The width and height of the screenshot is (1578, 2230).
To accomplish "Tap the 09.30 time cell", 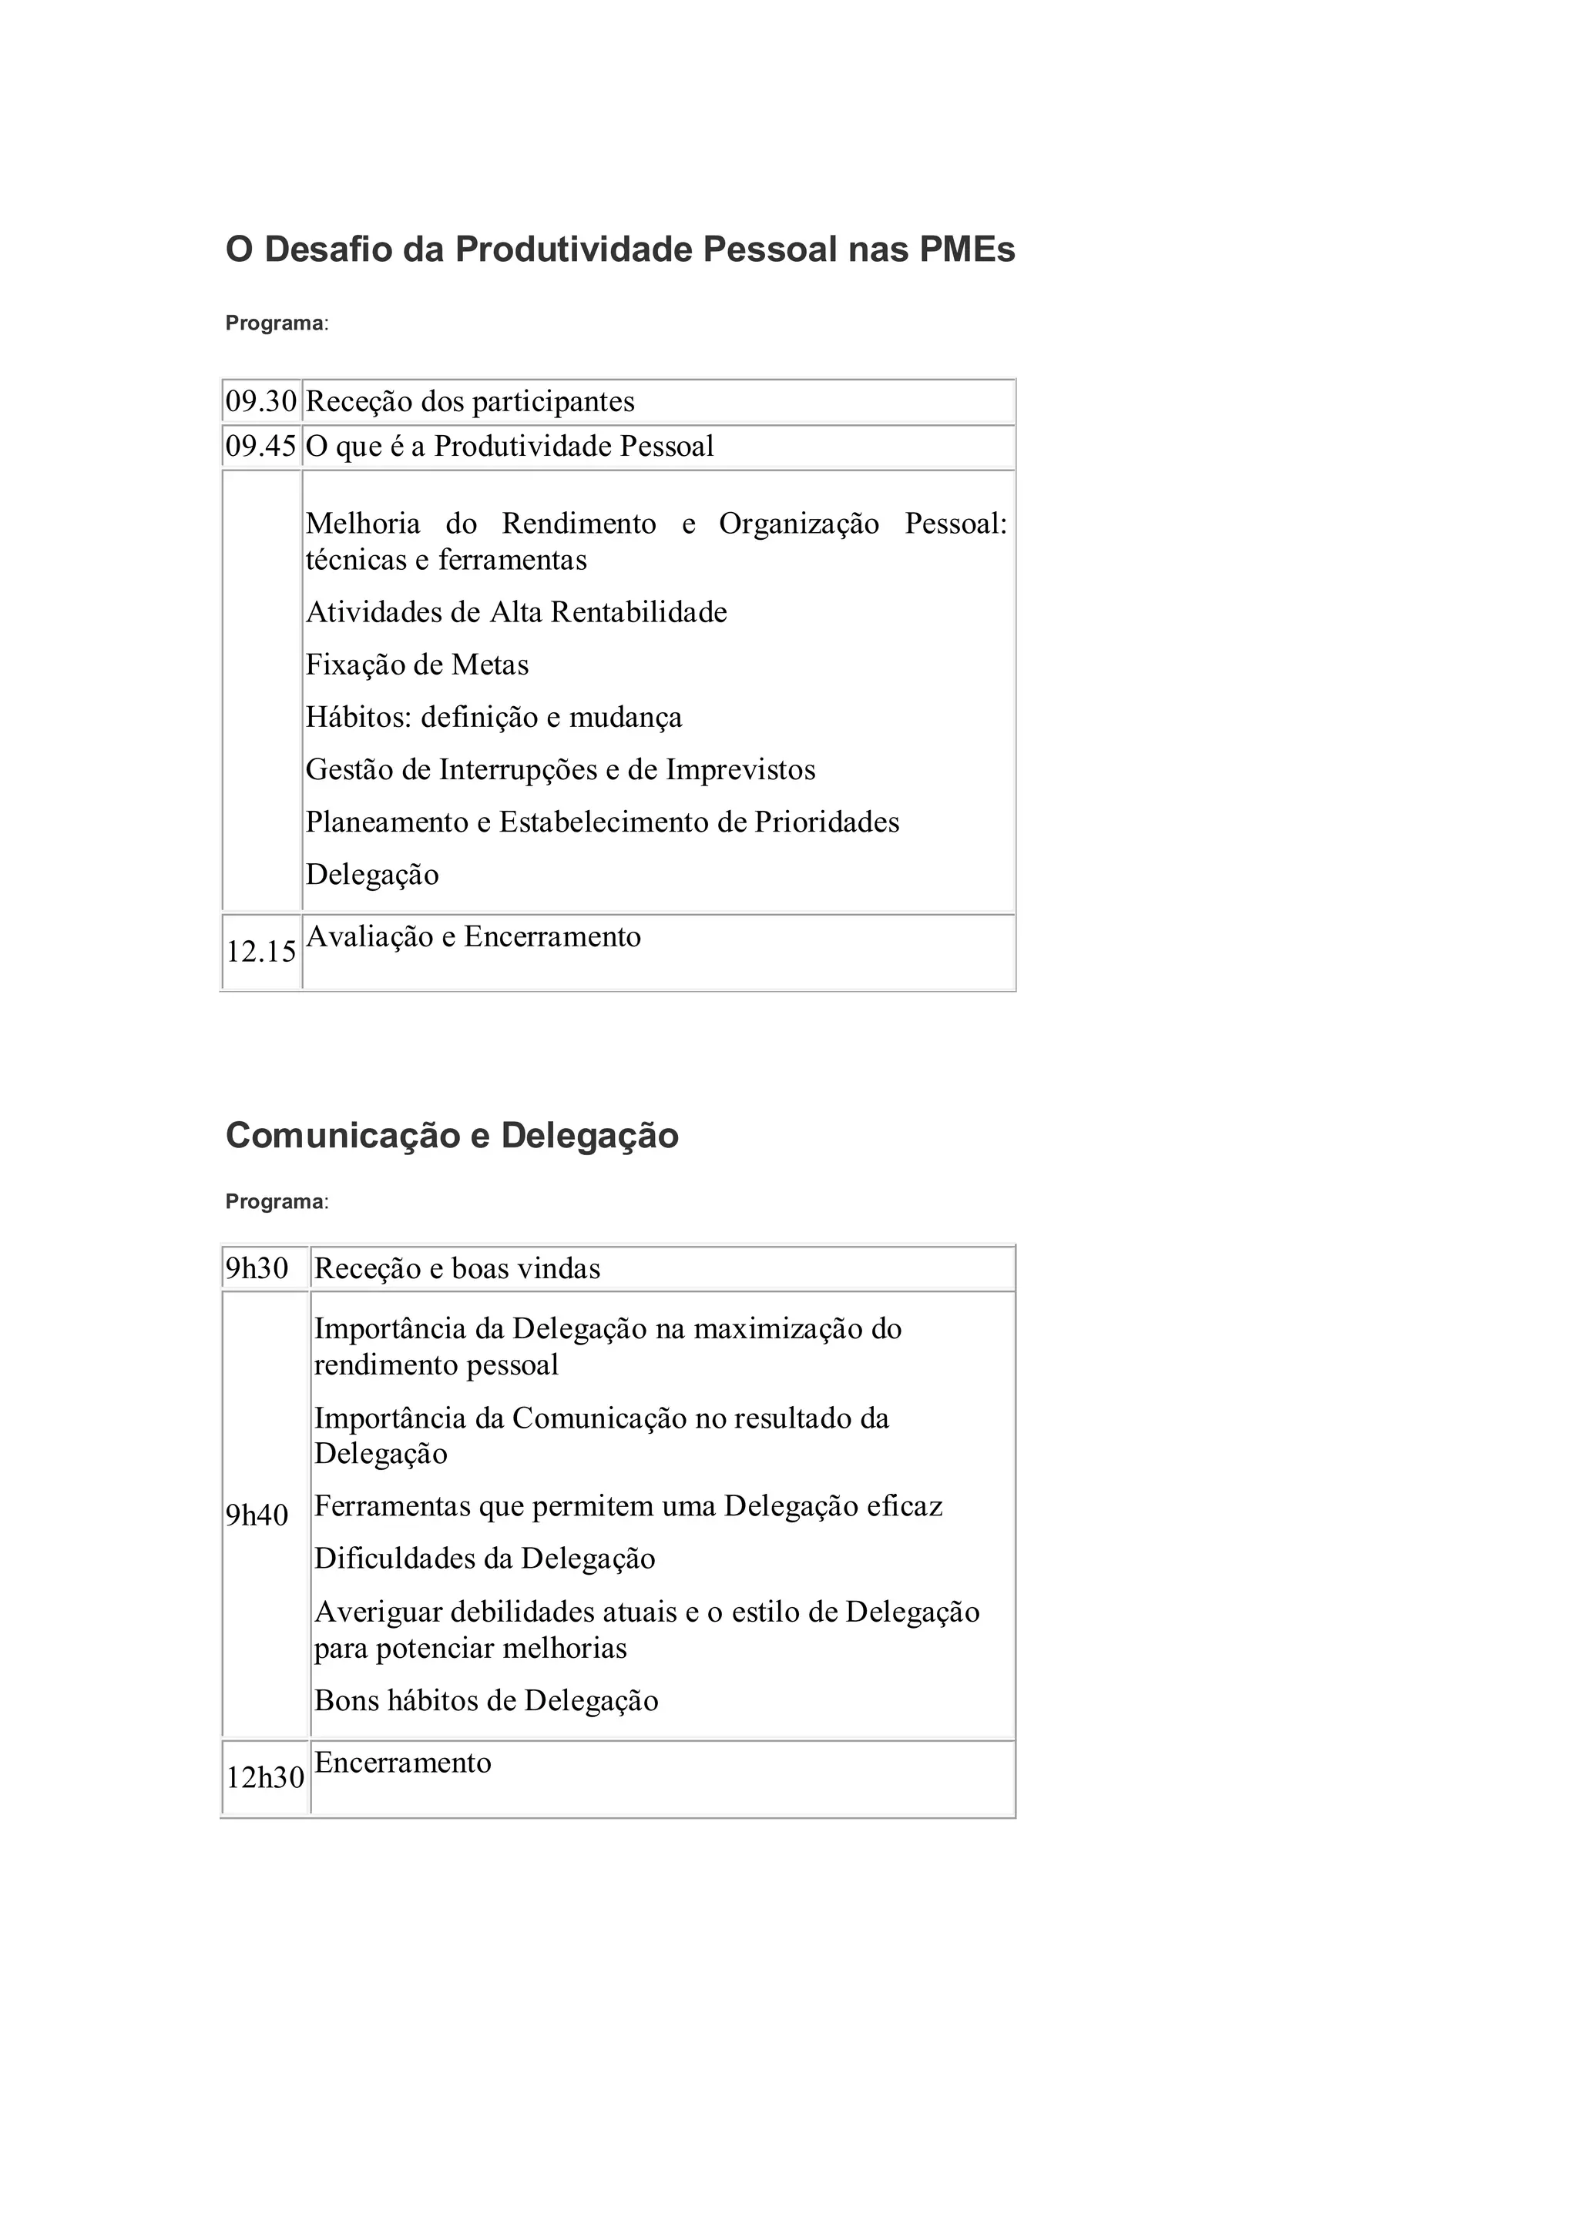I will [x=260, y=401].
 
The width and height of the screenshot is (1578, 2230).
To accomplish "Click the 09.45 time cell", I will [x=260, y=447].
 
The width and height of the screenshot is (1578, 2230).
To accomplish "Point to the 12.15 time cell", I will [x=260, y=952].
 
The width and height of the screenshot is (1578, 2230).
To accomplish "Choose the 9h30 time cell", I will [x=257, y=1268].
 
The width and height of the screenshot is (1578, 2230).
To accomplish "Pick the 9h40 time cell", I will [x=257, y=1515].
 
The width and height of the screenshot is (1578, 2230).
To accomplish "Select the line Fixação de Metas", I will [x=417, y=665].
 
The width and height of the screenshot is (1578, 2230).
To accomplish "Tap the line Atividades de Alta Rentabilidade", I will [x=516, y=613].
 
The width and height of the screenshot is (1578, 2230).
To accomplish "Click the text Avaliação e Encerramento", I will [x=473, y=937].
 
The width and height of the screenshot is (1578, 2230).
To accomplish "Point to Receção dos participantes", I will [x=469, y=401].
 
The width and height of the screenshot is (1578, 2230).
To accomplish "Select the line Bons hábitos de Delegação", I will [x=486, y=1701].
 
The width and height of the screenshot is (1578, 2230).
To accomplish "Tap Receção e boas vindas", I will [x=457, y=1268].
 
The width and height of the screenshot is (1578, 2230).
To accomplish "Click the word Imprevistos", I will [x=740, y=770].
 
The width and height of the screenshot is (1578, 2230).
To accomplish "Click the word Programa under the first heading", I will [x=274, y=323].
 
